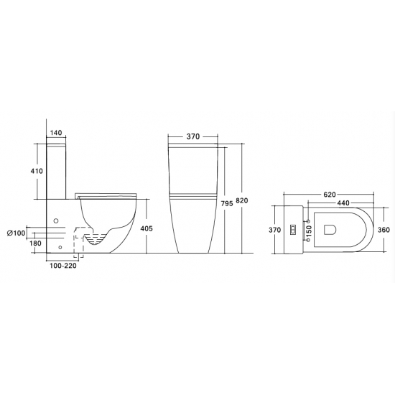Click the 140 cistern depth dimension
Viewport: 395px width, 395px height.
[x=56, y=133]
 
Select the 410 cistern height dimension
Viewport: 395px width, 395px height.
[x=37, y=171]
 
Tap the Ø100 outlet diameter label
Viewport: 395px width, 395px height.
[x=17, y=233]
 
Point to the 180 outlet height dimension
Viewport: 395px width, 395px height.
[x=35, y=243]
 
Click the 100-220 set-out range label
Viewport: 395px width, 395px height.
[x=63, y=266]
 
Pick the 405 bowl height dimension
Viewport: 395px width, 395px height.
[x=146, y=228]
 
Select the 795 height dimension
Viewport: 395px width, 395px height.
[x=227, y=203]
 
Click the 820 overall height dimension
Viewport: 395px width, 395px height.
[x=242, y=201]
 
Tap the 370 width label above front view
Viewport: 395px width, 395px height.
[x=193, y=136]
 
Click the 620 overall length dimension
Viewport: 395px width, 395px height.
[x=330, y=195]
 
